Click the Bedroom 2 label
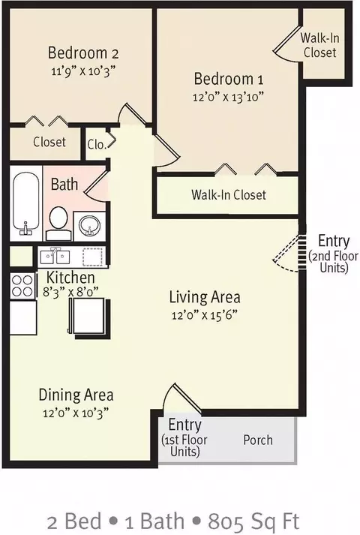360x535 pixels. point(83,53)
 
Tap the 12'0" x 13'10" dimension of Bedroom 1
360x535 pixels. point(228,98)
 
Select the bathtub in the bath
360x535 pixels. point(25,203)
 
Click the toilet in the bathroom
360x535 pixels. point(58,223)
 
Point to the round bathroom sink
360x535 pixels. point(89,226)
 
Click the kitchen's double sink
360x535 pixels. point(55,256)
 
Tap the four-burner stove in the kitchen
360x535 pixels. point(22,286)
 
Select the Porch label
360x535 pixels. point(258,440)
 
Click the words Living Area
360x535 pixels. point(205,297)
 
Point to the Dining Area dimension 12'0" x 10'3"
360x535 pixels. point(76,413)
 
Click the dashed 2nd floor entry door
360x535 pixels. point(286,253)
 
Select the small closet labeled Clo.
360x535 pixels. point(97,144)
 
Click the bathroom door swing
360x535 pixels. point(96,185)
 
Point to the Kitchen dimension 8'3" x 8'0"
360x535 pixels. point(70,293)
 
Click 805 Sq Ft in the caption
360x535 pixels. point(253,521)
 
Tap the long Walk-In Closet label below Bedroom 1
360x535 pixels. point(229,195)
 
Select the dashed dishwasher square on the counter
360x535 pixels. point(92,257)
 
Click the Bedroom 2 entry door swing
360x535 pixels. point(133,114)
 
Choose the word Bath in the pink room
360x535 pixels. point(64,185)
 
